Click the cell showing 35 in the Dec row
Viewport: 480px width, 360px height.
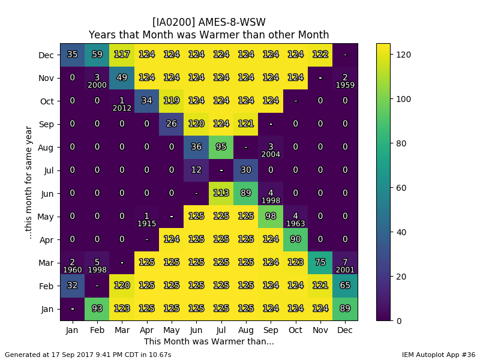tap(73, 55)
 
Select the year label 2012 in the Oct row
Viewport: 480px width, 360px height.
tap(122, 108)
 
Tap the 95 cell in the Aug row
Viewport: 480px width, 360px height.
tap(221, 147)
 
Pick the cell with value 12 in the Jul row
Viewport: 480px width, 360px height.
tap(197, 170)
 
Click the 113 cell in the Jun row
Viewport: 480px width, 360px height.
tap(221, 193)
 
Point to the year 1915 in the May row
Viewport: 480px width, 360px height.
tap(146, 224)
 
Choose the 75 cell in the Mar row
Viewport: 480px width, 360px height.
tap(320, 263)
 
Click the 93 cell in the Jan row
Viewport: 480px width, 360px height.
tap(97, 309)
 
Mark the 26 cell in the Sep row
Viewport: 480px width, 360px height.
tap(172, 124)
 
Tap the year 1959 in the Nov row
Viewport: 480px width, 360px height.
tap(346, 85)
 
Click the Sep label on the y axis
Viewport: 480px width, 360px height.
tap(46, 124)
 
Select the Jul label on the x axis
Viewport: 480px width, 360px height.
tap(221, 330)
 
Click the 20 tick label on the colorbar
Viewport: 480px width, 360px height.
tap(401, 277)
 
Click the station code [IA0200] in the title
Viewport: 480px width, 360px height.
tap(173, 22)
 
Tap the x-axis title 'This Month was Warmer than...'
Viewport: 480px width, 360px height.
tap(209, 341)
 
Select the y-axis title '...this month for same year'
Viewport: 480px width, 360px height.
tap(28, 182)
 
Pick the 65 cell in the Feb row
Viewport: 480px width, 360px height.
tap(346, 286)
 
